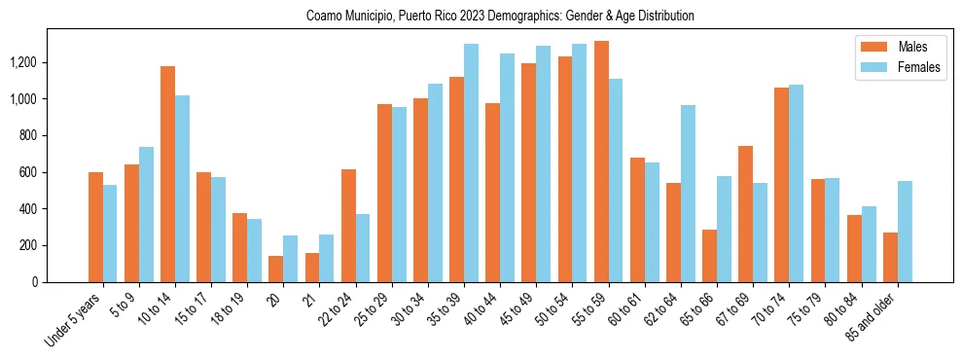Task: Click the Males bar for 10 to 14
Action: (x=167, y=174)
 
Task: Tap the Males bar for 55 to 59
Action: (x=601, y=162)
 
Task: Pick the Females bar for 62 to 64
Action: (x=688, y=194)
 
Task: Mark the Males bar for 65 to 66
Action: (x=709, y=256)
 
